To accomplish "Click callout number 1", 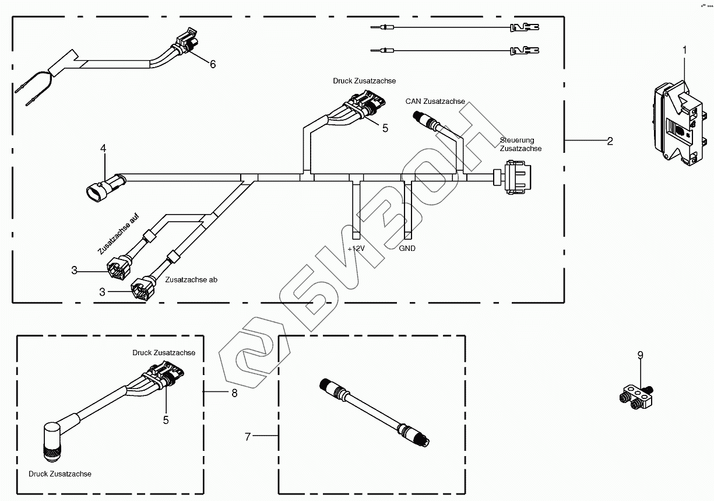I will (x=685, y=50).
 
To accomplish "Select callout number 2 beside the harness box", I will (x=610, y=141).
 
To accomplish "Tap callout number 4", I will (x=103, y=149).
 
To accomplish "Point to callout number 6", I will (x=213, y=64).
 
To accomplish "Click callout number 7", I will (x=248, y=436).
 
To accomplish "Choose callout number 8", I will (x=234, y=393).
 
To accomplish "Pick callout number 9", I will (x=640, y=354).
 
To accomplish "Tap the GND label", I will (x=407, y=248).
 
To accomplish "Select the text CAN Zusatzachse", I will (x=435, y=101).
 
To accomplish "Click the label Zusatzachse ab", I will (x=191, y=280).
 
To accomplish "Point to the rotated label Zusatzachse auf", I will (x=118, y=234).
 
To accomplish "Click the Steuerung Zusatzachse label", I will (x=520, y=145).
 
